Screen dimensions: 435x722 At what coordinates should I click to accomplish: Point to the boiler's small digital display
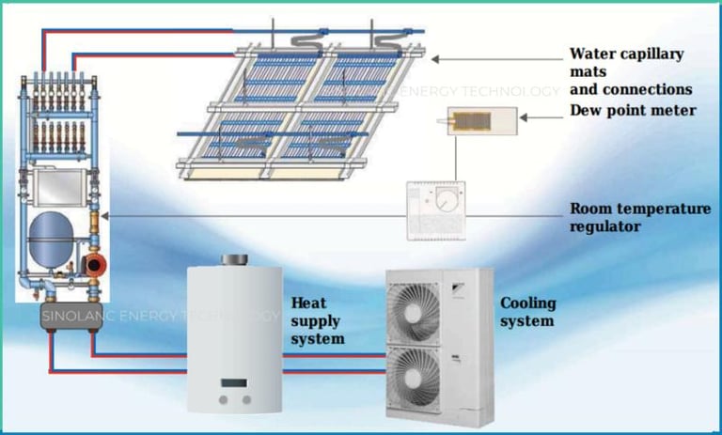point(234,384)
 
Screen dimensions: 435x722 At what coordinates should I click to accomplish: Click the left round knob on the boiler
point(222,399)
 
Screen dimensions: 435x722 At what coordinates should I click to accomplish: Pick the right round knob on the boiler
point(246,399)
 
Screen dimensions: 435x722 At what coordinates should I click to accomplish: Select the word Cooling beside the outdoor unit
point(527,303)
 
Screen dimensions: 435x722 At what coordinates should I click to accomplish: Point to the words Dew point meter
point(633,110)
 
